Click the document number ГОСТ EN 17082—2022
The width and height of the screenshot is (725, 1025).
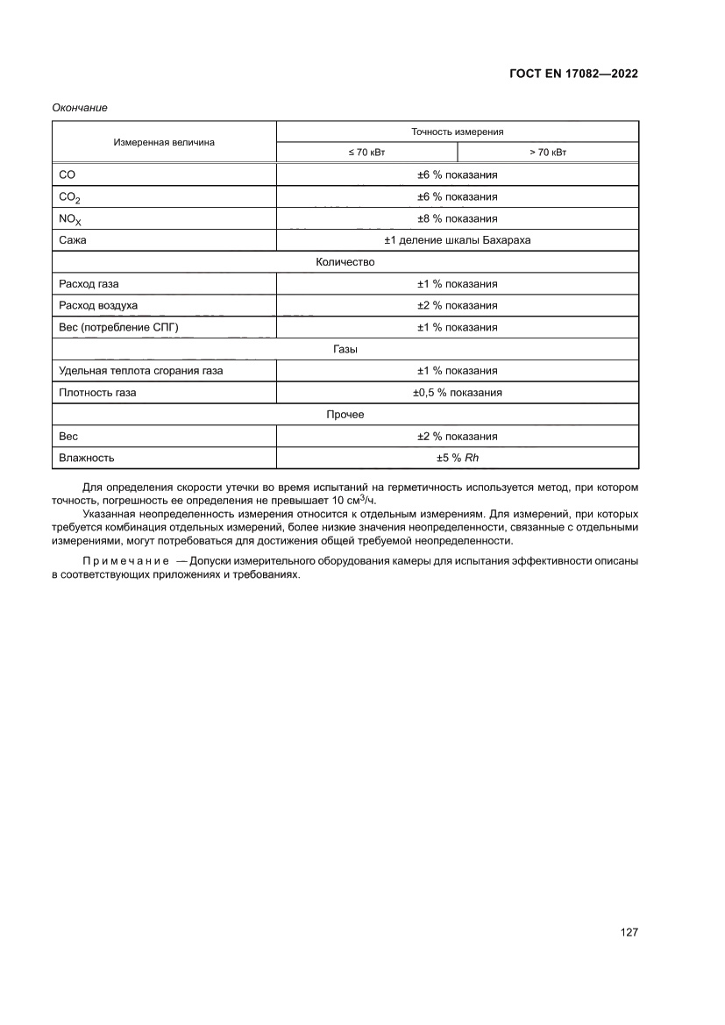[572, 74]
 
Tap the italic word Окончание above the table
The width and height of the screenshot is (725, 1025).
[80, 107]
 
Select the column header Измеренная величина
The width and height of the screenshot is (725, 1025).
[163, 141]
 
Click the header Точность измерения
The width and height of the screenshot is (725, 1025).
[457, 132]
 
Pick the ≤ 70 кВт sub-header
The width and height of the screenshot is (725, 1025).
[366, 153]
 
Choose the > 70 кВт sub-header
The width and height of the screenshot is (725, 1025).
[548, 153]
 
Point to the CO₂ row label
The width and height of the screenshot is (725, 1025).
[69, 197]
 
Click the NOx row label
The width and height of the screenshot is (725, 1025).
[69, 219]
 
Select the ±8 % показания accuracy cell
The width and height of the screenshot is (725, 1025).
[457, 218]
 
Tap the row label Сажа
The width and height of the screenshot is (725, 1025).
[72, 240]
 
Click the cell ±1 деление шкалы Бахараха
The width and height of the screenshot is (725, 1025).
[457, 240]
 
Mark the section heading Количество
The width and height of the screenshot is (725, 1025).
[345, 262]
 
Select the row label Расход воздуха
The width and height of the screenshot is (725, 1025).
[97, 305]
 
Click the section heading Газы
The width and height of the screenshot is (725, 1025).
[345, 349]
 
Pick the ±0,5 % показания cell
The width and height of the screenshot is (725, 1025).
[457, 393]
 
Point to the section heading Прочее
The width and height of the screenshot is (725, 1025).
[345, 415]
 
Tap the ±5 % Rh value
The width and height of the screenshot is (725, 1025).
[457, 458]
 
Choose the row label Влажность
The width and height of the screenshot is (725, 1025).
[86, 458]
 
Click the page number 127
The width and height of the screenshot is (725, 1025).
[629, 932]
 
